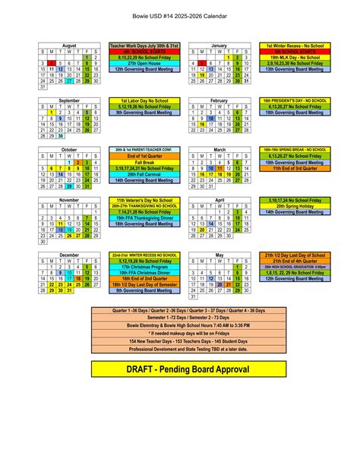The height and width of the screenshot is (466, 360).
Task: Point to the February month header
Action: click(219, 100)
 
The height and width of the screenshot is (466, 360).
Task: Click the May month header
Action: click(219, 255)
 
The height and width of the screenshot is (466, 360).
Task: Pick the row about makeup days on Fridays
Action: click(179, 332)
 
